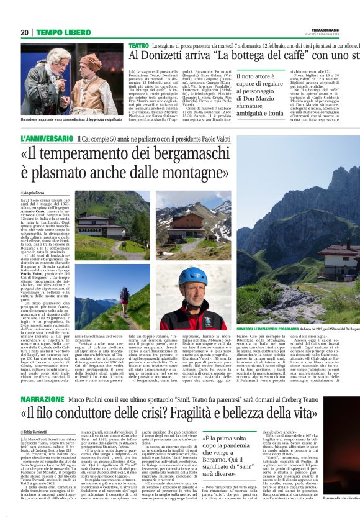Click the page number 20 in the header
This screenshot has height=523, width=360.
pyautogui.click(x=25, y=32)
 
